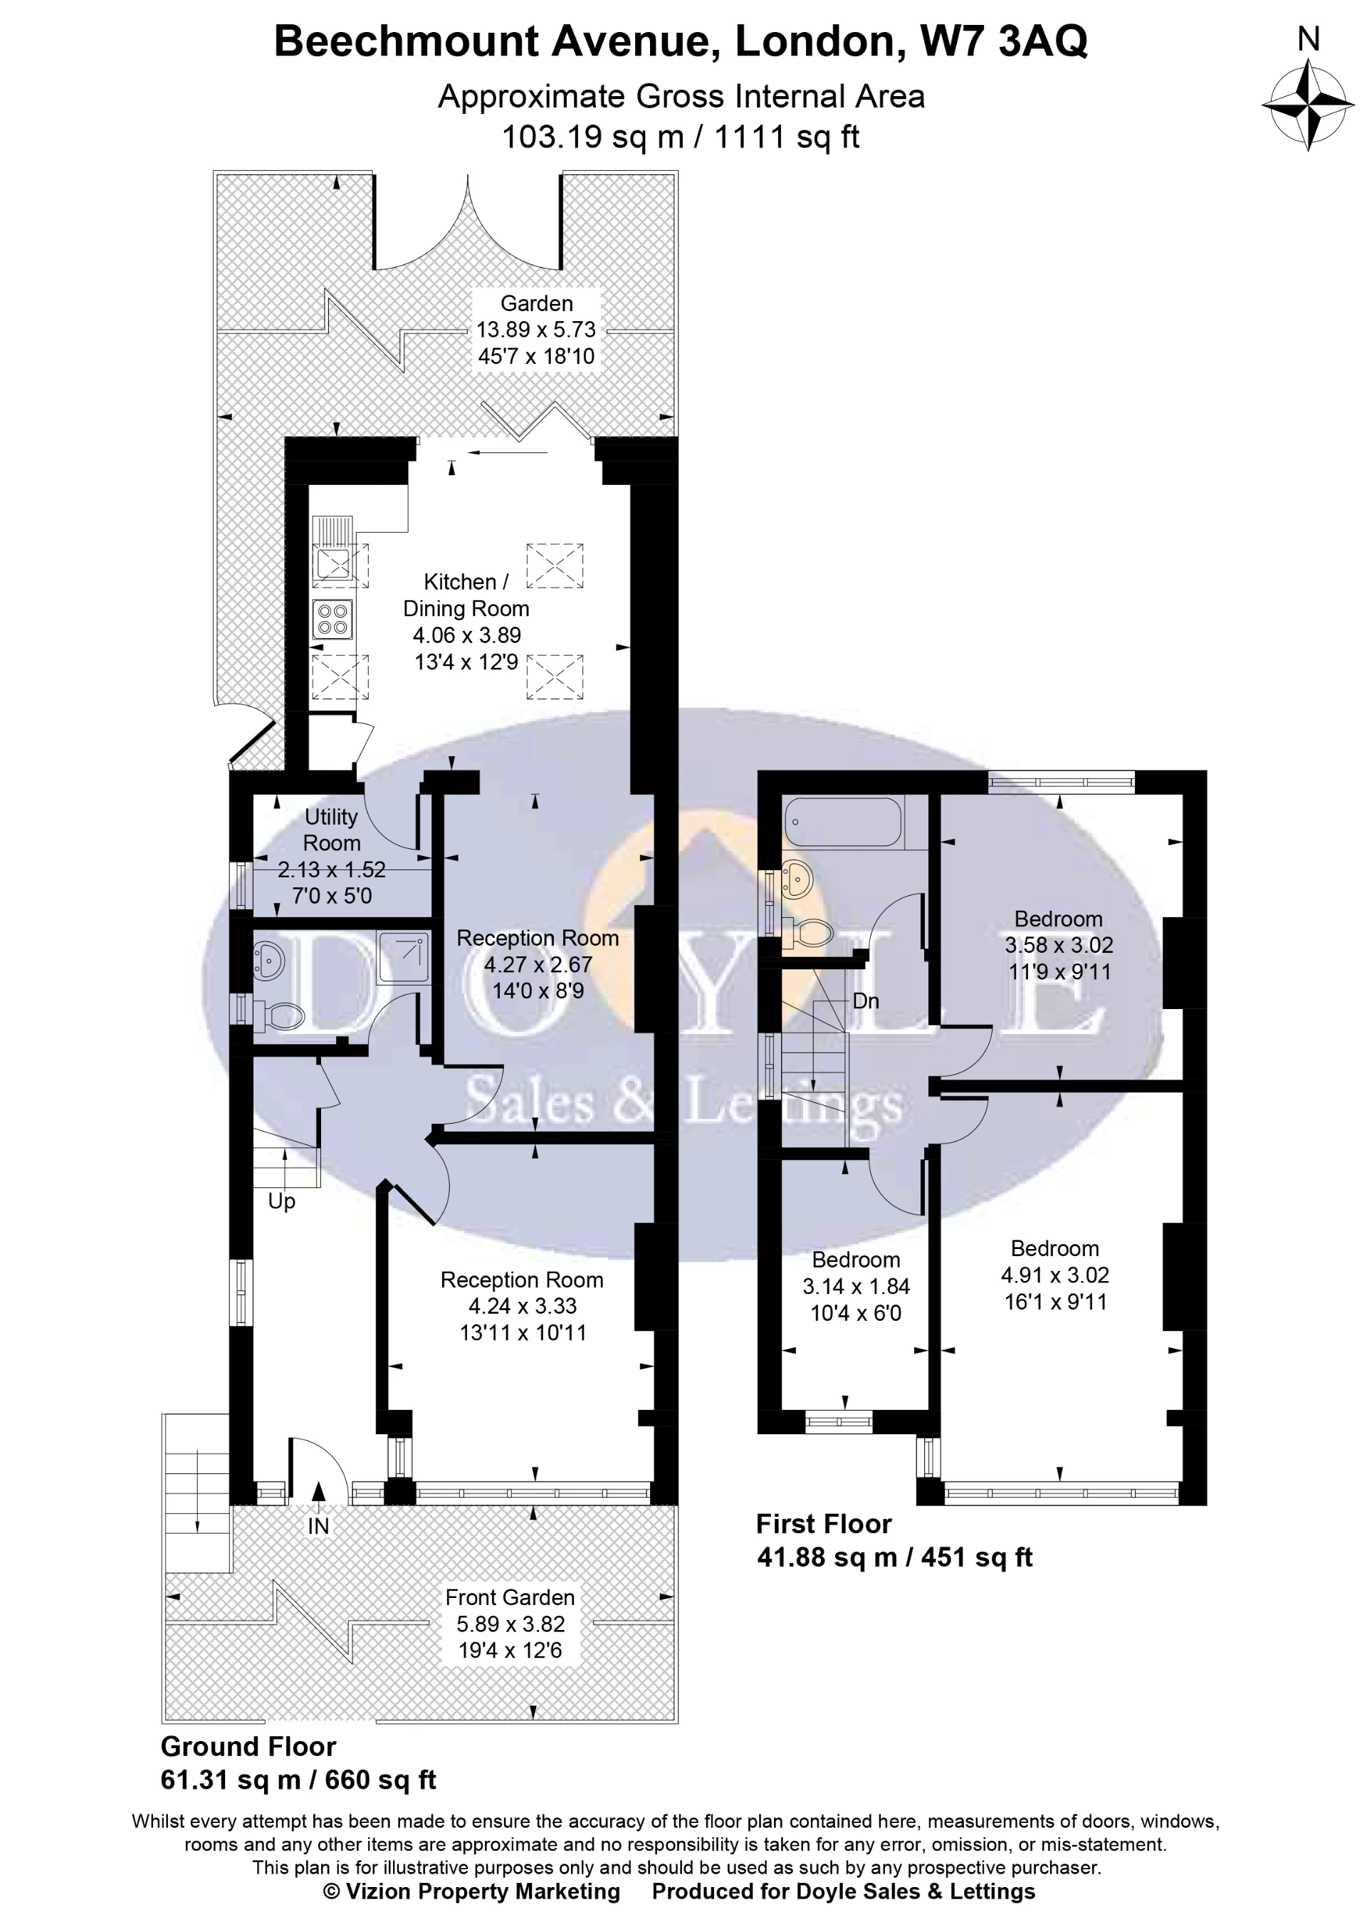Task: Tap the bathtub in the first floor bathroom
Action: (x=842, y=822)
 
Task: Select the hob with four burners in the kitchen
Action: (x=332, y=619)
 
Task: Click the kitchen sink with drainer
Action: (x=333, y=563)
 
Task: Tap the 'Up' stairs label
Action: (x=281, y=1201)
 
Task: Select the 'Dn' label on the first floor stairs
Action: (x=865, y=1001)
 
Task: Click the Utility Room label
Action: (x=332, y=830)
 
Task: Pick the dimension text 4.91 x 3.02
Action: (x=1054, y=1275)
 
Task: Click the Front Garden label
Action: (x=509, y=1597)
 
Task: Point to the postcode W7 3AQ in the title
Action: (x=1003, y=41)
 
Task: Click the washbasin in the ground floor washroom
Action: (x=268, y=960)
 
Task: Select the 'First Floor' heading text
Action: (x=823, y=1524)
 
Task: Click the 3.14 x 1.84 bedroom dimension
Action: (x=855, y=1287)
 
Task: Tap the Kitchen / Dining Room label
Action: (x=466, y=595)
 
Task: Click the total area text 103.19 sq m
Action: (x=592, y=137)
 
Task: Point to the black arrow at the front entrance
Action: (x=318, y=1492)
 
